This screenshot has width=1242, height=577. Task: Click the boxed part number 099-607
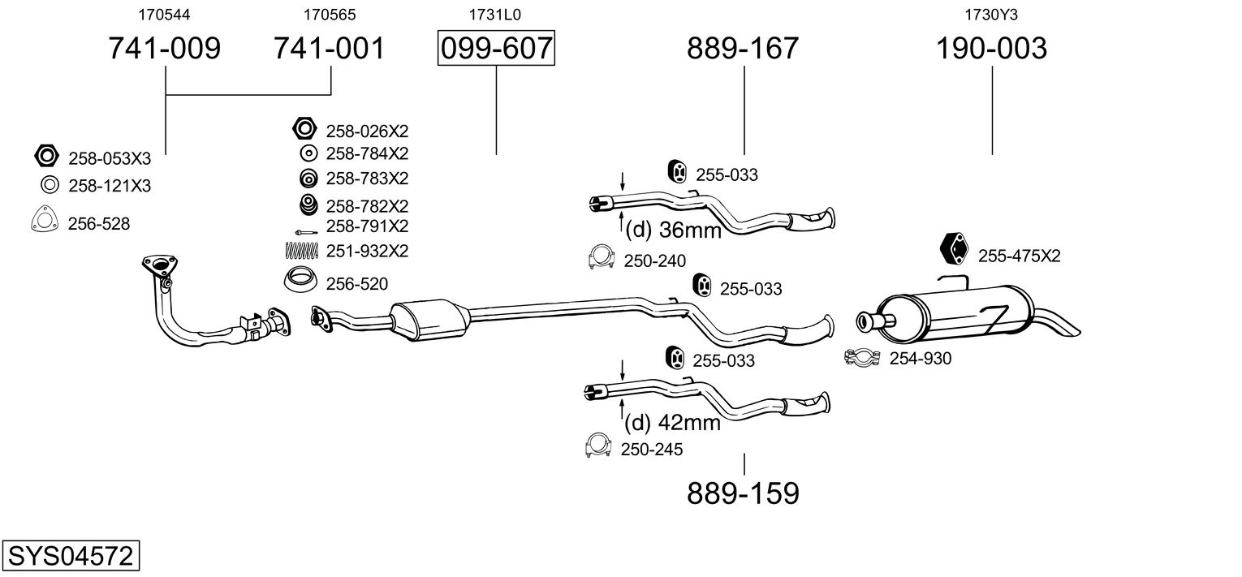496,49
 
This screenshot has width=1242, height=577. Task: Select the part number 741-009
165,49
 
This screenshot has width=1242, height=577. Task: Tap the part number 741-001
329,49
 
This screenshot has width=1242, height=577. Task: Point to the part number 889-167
743,49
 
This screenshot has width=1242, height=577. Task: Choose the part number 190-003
991,49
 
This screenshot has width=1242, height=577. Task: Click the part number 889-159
743,493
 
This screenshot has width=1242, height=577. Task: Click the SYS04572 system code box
70,557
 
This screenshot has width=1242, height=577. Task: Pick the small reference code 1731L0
494,15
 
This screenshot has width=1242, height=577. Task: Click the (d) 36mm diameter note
673,230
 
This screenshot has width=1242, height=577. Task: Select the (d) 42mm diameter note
672,422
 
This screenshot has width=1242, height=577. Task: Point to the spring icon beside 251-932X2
301,251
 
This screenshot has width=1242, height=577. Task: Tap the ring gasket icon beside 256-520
301,280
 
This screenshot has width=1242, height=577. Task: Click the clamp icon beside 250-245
597,446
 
